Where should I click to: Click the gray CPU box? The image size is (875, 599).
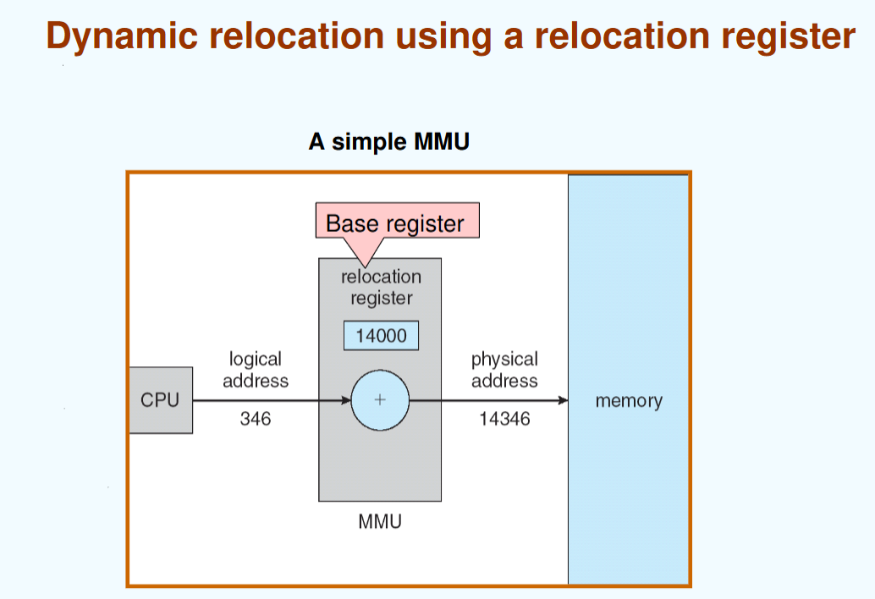point(161,400)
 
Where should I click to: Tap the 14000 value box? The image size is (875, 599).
point(381,335)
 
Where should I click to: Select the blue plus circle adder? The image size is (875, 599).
point(380,400)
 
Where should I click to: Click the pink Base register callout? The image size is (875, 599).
point(395,223)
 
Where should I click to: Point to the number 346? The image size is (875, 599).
point(256,418)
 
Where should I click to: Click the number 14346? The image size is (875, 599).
point(504,418)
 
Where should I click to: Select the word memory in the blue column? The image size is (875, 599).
point(629,401)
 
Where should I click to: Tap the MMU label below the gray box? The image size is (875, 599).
point(380,521)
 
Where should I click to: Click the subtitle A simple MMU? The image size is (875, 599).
point(388,141)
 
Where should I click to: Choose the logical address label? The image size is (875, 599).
point(256,371)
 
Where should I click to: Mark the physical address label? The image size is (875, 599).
point(504,371)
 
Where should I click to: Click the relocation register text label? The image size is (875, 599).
point(381,287)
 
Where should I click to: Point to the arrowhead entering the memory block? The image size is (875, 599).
point(562,400)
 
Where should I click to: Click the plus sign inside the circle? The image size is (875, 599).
point(380,400)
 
